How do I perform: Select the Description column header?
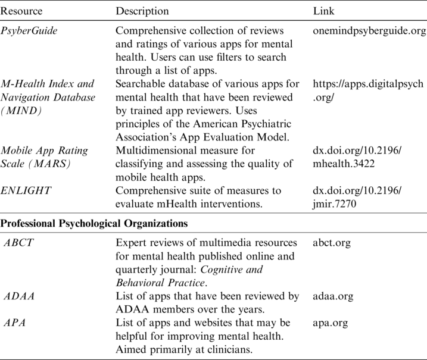click(x=142, y=11)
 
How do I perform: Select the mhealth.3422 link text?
click(x=344, y=164)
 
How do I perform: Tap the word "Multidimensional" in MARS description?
click(x=155, y=151)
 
